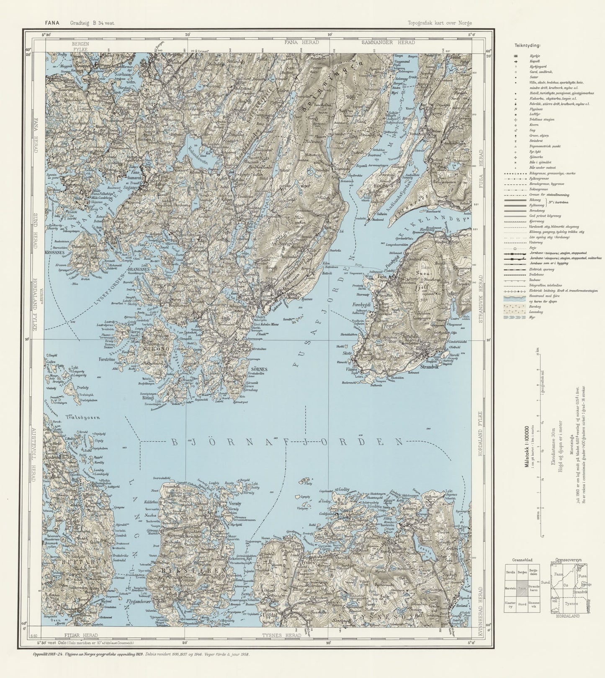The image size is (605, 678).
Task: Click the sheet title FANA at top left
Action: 52,23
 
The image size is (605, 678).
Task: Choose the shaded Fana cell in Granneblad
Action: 522,588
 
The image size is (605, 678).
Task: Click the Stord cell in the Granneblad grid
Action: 522,604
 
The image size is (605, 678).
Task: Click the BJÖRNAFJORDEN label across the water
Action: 287,443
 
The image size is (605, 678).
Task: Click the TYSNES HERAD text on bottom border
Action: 281,635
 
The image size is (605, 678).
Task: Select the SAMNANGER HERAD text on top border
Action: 388,43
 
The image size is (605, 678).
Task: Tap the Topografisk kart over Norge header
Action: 440,23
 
